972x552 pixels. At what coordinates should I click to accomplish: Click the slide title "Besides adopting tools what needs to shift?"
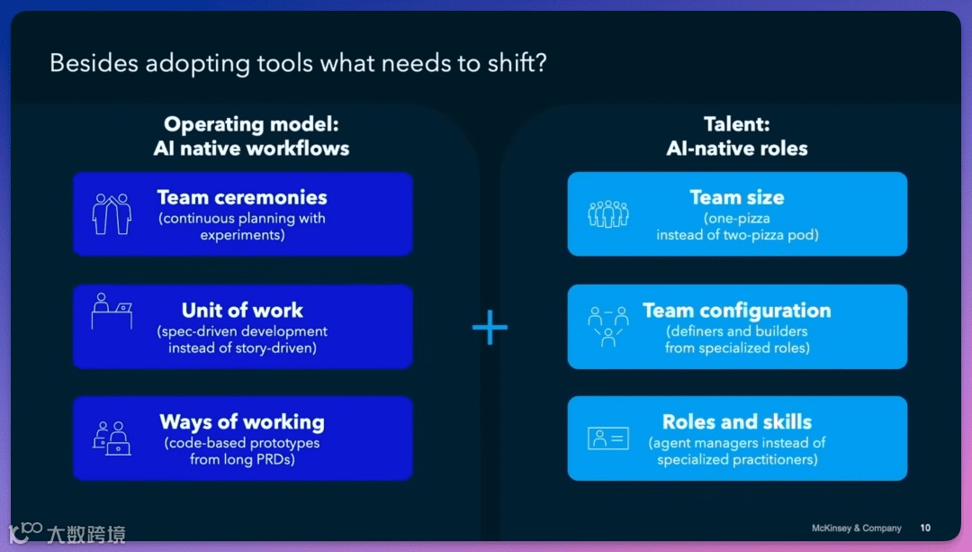pyautogui.click(x=298, y=63)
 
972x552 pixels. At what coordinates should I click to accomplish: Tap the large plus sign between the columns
pyautogui.click(x=490, y=328)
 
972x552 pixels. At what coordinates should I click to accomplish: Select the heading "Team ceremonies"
pyautogui.click(x=242, y=197)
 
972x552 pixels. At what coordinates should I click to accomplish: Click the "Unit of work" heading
pyautogui.click(x=242, y=311)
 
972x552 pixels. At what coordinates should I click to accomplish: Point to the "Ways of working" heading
pyautogui.click(x=242, y=422)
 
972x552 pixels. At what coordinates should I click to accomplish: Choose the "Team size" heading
pyautogui.click(x=737, y=197)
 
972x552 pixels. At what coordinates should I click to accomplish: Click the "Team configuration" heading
pyautogui.click(x=737, y=311)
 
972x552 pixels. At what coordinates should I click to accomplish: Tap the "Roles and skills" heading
pyautogui.click(x=737, y=422)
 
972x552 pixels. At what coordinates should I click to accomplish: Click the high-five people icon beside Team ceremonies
pyautogui.click(x=112, y=213)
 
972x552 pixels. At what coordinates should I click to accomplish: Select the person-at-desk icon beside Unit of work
pyautogui.click(x=112, y=312)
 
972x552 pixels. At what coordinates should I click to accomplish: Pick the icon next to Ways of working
pyautogui.click(x=112, y=438)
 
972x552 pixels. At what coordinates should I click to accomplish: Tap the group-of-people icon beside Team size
pyautogui.click(x=608, y=213)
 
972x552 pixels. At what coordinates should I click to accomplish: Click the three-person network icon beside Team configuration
pyautogui.click(x=608, y=325)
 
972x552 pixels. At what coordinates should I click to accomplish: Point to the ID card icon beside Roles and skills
pyautogui.click(x=608, y=438)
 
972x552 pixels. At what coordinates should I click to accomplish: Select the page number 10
pyautogui.click(x=925, y=529)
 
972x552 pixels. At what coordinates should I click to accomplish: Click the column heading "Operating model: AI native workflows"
pyautogui.click(x=251, y=137)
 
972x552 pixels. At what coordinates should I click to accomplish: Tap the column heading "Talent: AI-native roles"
pyautogui.click(x=737, y=137)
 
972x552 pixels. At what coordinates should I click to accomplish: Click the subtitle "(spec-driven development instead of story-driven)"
pyautogui.click(x=242, y=339)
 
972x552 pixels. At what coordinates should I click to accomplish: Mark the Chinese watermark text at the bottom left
pyautogui.click(x=85, y=534)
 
